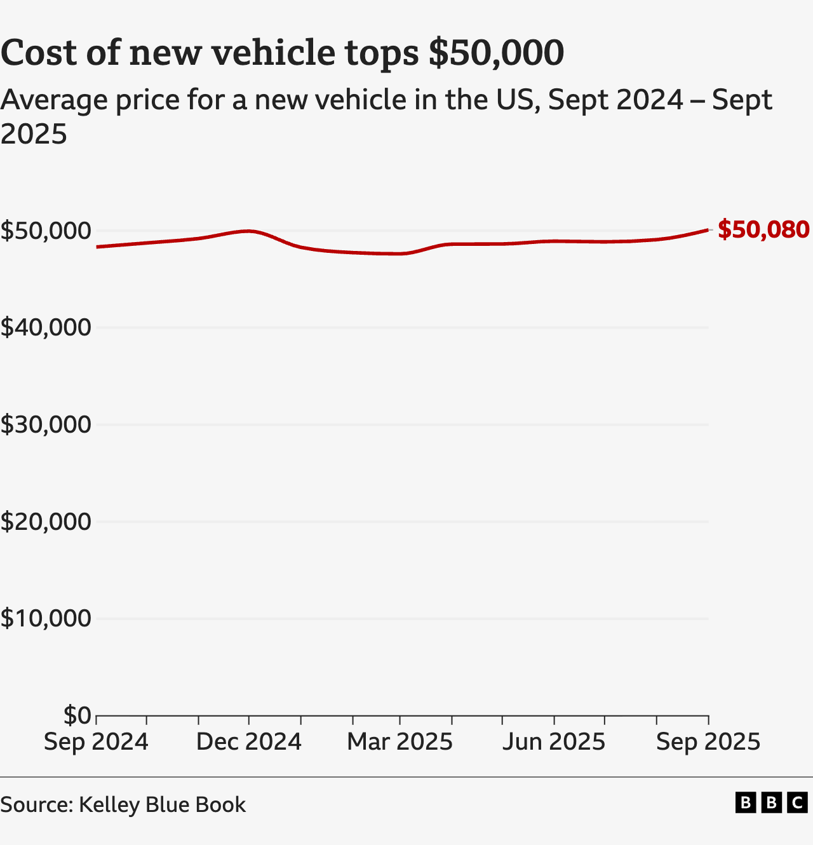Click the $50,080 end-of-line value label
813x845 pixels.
tap(763, 229)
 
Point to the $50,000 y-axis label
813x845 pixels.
tap(46, 231)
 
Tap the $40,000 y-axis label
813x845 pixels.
tap(46, 327)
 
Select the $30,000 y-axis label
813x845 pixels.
tap(46, 424)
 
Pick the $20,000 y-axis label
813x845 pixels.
tap(46, 522)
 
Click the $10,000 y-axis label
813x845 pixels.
tap(46, 618)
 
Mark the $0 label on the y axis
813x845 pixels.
tap(77, 715)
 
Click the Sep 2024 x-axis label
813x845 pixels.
tap(96, 741)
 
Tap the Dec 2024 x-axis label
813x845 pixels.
tap(248, 741)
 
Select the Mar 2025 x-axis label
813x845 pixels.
tap(400, 741)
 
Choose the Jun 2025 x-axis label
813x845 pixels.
tap(554, 741)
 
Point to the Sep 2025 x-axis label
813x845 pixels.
tap(708, 741)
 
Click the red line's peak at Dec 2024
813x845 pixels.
tap(249, 231)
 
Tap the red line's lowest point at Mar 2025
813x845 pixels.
tap(400, 253)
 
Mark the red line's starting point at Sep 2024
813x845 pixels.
tap(97, 247)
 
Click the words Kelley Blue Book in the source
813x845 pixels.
tap(162, 804)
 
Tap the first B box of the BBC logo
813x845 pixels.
tap(746, 802)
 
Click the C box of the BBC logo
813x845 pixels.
tap(797, 802)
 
